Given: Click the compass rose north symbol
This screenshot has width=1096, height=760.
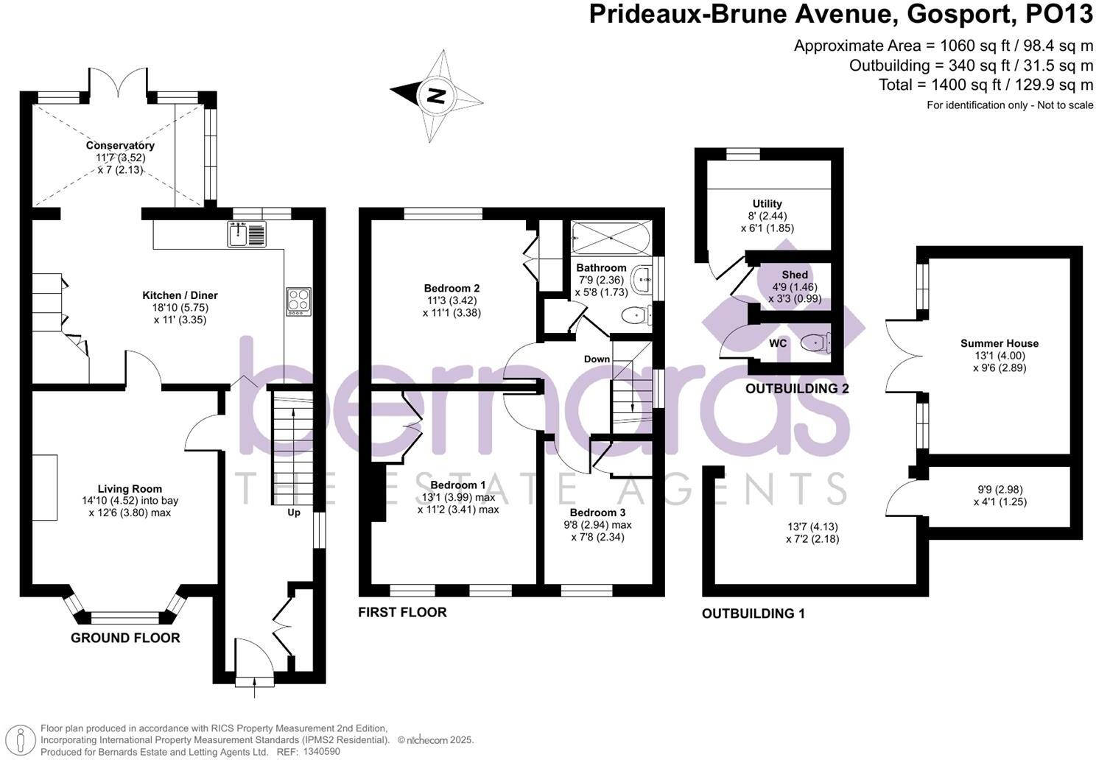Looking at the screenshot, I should (x=436, y=95).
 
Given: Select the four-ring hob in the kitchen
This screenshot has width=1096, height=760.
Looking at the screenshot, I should (x=298, y=301).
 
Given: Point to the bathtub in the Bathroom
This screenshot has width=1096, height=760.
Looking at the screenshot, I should (x=610, y=236).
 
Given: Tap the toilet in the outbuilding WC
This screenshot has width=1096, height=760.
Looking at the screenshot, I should (x=814, y=342).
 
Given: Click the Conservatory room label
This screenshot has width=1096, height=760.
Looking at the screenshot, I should (x=120, y=146).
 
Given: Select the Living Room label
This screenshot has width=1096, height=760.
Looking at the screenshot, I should (x=130, y=488).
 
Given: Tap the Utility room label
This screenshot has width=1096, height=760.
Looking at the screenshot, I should (x=767, y=203).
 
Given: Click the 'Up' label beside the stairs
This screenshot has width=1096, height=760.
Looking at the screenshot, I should (x=293, y=512).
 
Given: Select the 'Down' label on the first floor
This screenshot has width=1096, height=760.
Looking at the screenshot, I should (x=597, y=359).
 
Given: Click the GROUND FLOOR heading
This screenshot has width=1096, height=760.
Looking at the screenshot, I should (x=125, y=638).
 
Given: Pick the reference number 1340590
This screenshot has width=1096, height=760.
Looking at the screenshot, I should (x=320, y=752).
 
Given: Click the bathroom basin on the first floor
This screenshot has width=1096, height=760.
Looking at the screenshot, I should (x=643, y=278).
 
